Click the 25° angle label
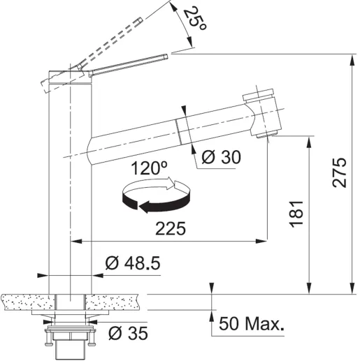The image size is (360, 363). pos(195,19)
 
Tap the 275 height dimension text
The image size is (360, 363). pos(340,172)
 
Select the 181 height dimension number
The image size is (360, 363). pos(296,214)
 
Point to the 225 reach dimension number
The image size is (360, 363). pos(171,228)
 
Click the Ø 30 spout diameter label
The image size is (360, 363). pos(221,157)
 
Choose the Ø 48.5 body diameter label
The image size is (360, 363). pos(133,263)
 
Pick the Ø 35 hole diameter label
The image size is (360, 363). pos(128,334)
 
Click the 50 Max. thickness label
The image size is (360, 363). pos(252,324)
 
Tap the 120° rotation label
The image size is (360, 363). pos(149,168)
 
